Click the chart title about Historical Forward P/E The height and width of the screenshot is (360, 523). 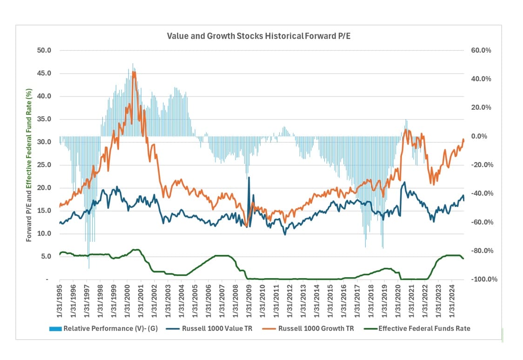pyautogui.click(x=259, y=36)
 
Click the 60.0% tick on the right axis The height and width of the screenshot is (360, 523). pyautogui.click(x=481, y=50)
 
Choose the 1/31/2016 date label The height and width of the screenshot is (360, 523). pyautogui.click(x=344, y=298)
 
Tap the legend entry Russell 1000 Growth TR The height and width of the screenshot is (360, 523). pyautogui.click(x=316, y=328)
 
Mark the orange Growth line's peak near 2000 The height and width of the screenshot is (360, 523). pyautogui.click(x=134, y=72)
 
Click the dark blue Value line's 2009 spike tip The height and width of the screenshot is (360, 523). pyautogui.click(x=249, y=177)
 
